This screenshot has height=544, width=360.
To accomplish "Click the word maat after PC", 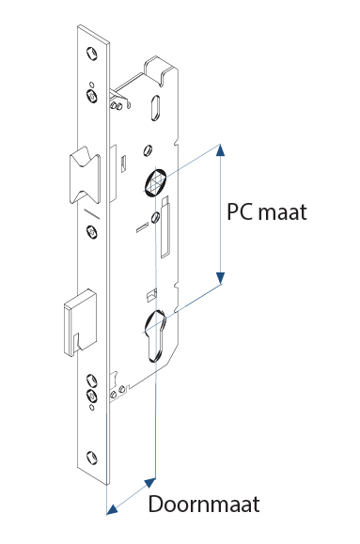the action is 284,212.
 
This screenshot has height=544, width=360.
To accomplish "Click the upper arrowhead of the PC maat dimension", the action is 220,149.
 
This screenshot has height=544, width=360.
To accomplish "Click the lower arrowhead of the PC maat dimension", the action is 220,277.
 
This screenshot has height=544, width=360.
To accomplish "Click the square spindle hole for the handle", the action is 157,180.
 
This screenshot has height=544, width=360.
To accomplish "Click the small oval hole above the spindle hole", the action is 148,149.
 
